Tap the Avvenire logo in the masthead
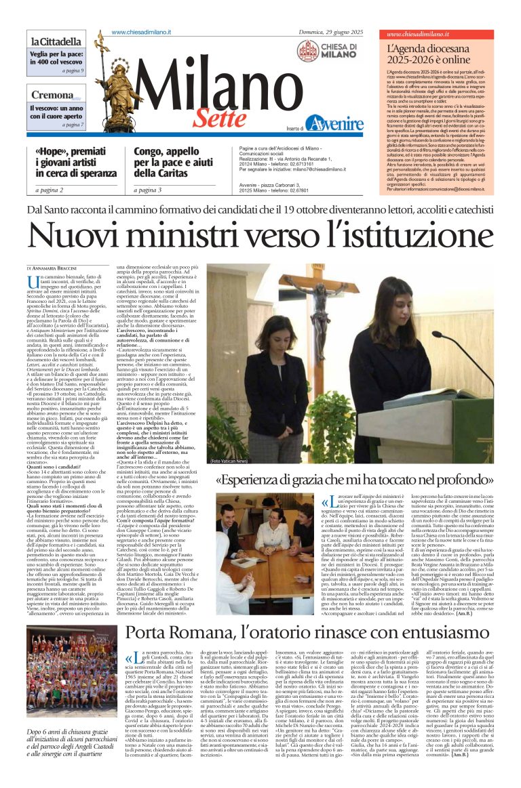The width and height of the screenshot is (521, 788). tap(334, 123)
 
